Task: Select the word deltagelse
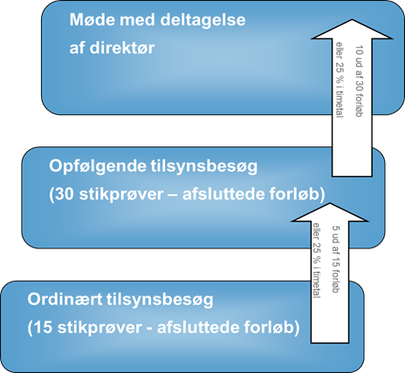pos(202,20)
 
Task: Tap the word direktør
pos(122,48)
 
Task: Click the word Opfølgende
pos(98,166)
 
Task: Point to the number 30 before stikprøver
pos(64,194)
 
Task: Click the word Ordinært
pos(65,299)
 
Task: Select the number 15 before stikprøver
pos(43,327)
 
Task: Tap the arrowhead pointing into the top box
pos(352,29)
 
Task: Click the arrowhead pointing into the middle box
pos(330,212)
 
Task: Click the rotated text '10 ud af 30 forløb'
pos(360,81)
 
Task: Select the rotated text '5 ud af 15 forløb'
pos(336,259)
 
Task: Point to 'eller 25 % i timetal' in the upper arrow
pos(340,80)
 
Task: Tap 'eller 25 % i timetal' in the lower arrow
pos(317,261)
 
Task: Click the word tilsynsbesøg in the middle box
pos(204,166)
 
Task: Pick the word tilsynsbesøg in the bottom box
pos(160,300)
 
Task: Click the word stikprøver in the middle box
pos(121,194)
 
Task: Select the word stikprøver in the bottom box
pos(100,328)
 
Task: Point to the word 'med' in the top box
pos(138,20)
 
